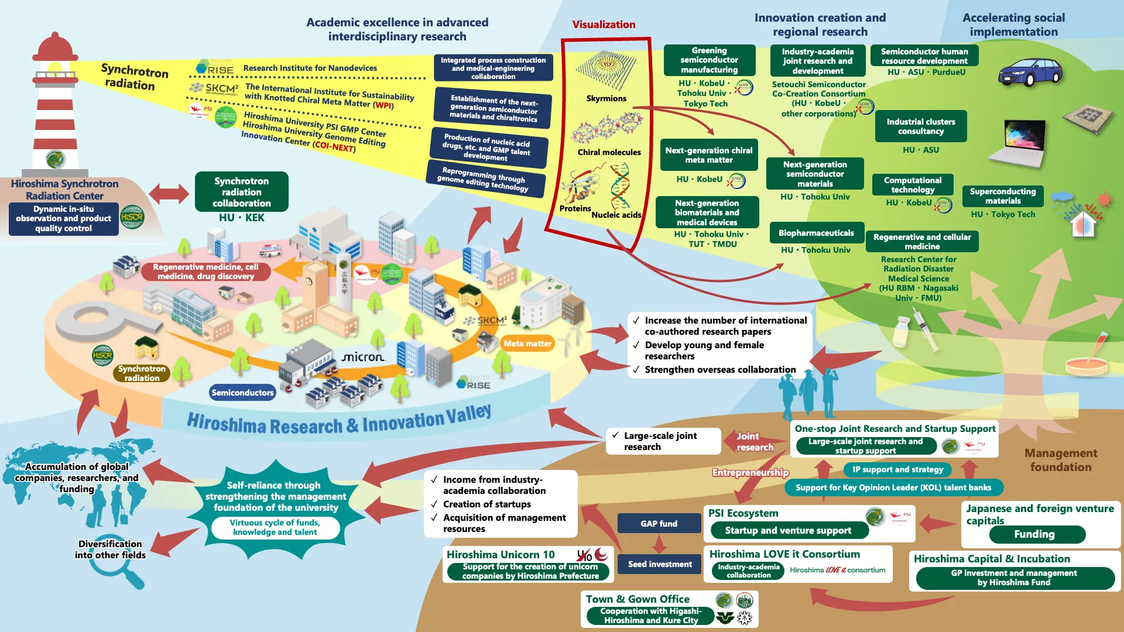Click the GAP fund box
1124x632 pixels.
659,524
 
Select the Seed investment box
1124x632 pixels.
660,564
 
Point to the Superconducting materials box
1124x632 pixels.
1003,196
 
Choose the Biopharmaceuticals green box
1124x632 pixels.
816,233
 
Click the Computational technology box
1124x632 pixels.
913,185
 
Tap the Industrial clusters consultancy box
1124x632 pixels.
920,126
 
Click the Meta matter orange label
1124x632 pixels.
527,344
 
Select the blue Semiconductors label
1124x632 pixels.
242,393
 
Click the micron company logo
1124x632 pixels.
363,356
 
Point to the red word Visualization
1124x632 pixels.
604,25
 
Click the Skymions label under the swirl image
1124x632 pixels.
606,98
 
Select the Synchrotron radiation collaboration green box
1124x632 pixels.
241,192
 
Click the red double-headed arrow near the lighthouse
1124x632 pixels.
169,194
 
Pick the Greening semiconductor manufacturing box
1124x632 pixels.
709,60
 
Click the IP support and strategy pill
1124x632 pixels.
897,469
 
